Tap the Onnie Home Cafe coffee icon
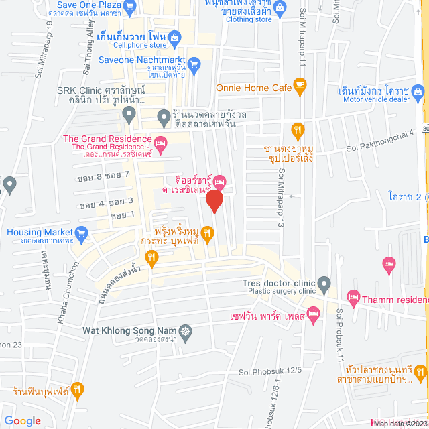click(299, 85)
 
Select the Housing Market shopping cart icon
click(82, 233)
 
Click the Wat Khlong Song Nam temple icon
click(185, 330)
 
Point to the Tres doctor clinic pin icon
click(324, 282)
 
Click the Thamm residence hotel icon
click(353, 296)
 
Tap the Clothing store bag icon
click(280, 7)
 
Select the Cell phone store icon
click(174, 36)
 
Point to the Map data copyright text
click(400, 423)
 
